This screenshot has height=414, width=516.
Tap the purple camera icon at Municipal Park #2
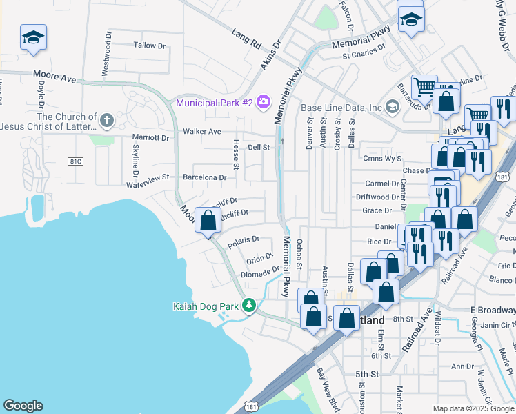263,103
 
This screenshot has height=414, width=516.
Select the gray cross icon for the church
106,121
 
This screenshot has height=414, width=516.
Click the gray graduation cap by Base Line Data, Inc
393,106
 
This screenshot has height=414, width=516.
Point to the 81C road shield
75,161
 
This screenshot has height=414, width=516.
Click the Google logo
23,406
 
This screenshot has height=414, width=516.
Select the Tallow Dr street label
150,46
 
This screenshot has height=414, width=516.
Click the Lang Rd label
246,40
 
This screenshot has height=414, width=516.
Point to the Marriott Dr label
151,137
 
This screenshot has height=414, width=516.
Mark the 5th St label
367,374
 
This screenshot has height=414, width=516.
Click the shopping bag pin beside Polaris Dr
208,221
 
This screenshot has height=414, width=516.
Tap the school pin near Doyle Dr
33,38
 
